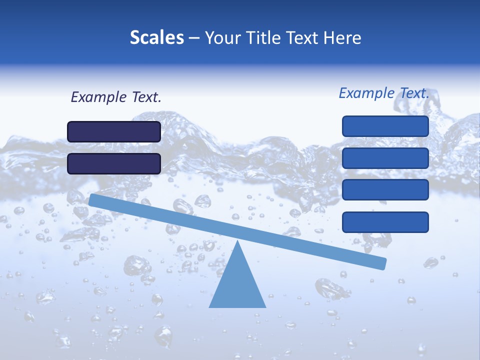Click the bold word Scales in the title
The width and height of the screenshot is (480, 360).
coord(156,37)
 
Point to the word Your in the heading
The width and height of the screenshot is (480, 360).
coord(223,38)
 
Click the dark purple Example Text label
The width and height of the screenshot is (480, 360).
coord(116,97)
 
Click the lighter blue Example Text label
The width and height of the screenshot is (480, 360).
coord(384,93)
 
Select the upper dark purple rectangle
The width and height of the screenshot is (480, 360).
coord(114,131)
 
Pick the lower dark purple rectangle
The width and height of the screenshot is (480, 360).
coord(114,163)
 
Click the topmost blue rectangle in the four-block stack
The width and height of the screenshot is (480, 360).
coord(385,126)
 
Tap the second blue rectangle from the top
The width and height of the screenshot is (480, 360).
coord(385,158)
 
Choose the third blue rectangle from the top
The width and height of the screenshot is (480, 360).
coord(385,190)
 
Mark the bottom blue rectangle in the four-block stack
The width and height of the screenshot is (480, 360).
coord(385,222)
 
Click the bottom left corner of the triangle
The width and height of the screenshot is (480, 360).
coord(210,306)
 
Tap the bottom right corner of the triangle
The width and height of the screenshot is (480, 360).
coord(265,306)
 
